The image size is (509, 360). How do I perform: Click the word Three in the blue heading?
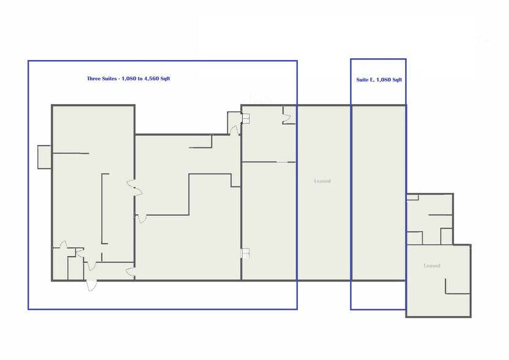coord(94,78)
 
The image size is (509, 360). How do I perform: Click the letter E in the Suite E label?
coord(372,80)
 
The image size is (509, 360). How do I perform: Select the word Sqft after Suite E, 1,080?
coord(397,80)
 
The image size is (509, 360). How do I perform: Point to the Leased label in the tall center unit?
coord(322,181)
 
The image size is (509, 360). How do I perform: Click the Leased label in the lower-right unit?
coord(432,266)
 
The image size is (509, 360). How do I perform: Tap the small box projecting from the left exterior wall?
coord(44,157)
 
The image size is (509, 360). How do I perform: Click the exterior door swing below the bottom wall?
coord(92,285)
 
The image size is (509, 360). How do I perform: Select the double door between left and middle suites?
coord(135,188)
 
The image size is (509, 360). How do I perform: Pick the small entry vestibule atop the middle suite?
coord(234,123)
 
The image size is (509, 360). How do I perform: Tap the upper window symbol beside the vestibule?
coord(246,118)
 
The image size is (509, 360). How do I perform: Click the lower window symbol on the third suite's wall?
coord(245,253)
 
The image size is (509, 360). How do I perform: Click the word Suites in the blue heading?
coord(109,78)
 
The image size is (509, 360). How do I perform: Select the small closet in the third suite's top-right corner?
coord(289,114)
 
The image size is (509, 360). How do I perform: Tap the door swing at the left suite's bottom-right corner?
coord(130,272)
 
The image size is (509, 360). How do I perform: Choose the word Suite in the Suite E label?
coord(363,80)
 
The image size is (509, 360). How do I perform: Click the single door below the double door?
coord(140,218)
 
